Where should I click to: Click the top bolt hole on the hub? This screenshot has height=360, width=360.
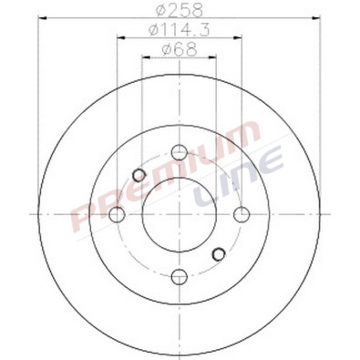tap(179, 151)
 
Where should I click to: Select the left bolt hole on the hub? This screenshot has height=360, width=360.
tap(118, 214)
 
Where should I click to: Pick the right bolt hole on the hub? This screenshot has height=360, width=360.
tap(241, 213)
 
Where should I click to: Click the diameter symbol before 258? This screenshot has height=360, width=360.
tap(160, 10)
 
